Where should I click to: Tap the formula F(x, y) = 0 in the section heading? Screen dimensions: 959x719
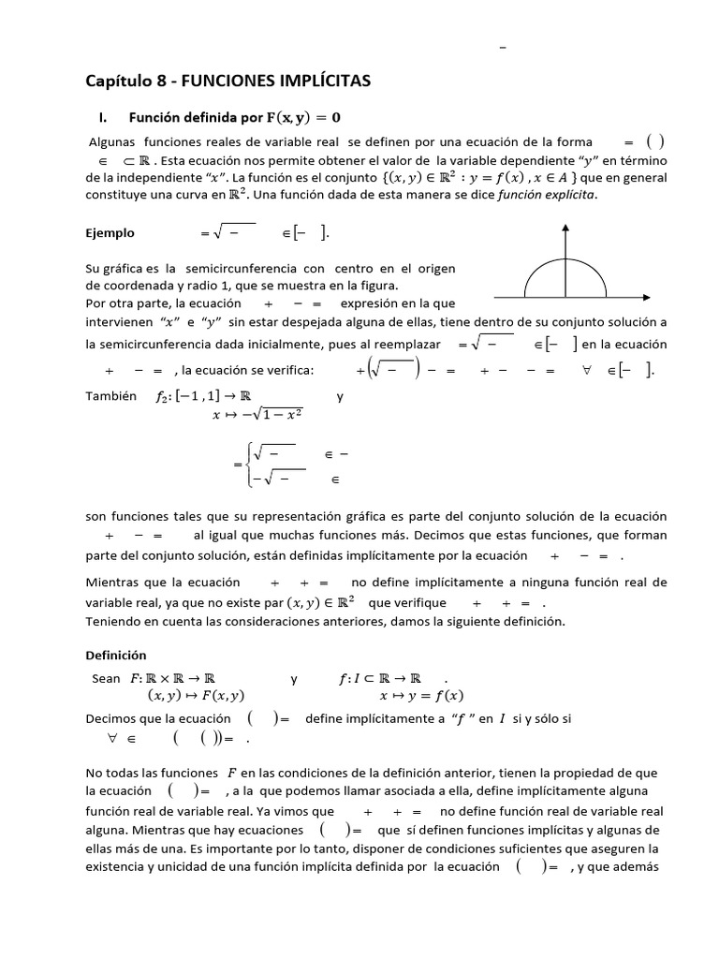tap(303, 118)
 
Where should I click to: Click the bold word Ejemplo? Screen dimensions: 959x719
tap(110, 233)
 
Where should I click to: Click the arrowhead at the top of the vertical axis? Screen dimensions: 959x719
tap(565, 229)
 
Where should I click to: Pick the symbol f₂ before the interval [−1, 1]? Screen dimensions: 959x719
tap(165, 397)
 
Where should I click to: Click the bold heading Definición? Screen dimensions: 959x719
tap(116, 655)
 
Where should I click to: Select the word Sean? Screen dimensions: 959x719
tap(107, 678)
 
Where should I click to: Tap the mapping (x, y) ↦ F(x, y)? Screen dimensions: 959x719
tap(196, 696)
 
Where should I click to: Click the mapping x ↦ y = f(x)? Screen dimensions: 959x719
tap(420, 696)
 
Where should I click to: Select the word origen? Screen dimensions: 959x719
tap(435, 270)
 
